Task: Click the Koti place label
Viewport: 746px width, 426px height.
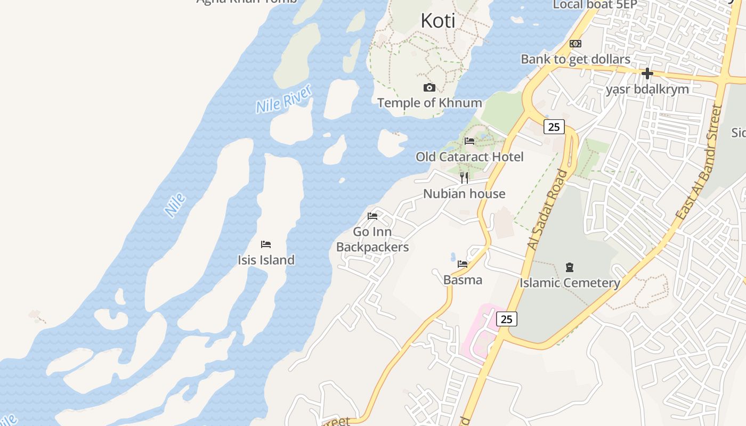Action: [x=438, y=21]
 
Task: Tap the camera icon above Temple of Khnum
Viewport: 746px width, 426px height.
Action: [x=429, y=87]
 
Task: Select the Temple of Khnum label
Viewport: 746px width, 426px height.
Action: [x=429, y=103]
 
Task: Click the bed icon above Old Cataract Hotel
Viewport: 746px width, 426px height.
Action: [x=469, y=141]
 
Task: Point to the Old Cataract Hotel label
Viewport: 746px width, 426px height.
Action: [x=469, y=157]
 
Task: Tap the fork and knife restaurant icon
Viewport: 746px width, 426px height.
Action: [x=464, y=177]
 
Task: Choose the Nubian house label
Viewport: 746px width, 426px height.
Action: [x=464, y=194]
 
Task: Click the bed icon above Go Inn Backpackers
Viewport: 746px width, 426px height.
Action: [x=372, y=216]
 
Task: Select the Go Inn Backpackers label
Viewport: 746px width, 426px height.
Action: [x=372, y=240]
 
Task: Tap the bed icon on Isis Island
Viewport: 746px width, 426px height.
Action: [x=266, y=244]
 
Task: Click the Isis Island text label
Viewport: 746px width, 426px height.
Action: [x=266, y=260]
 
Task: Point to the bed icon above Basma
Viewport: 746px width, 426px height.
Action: [x=463, y=264]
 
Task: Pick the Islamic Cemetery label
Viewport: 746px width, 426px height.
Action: [x=570, y=283]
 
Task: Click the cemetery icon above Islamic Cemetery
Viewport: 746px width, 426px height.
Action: [x=570, y=267]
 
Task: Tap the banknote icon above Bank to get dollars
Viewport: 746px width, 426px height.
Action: [x=575, y=44]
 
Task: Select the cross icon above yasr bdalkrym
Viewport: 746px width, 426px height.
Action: [x=647, y=73]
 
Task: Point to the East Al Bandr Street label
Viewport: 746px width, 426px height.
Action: [x=699, y=162]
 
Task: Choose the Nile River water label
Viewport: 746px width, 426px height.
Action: [x=283, y=99]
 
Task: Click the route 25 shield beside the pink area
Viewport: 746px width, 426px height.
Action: [x=507, y=319]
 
